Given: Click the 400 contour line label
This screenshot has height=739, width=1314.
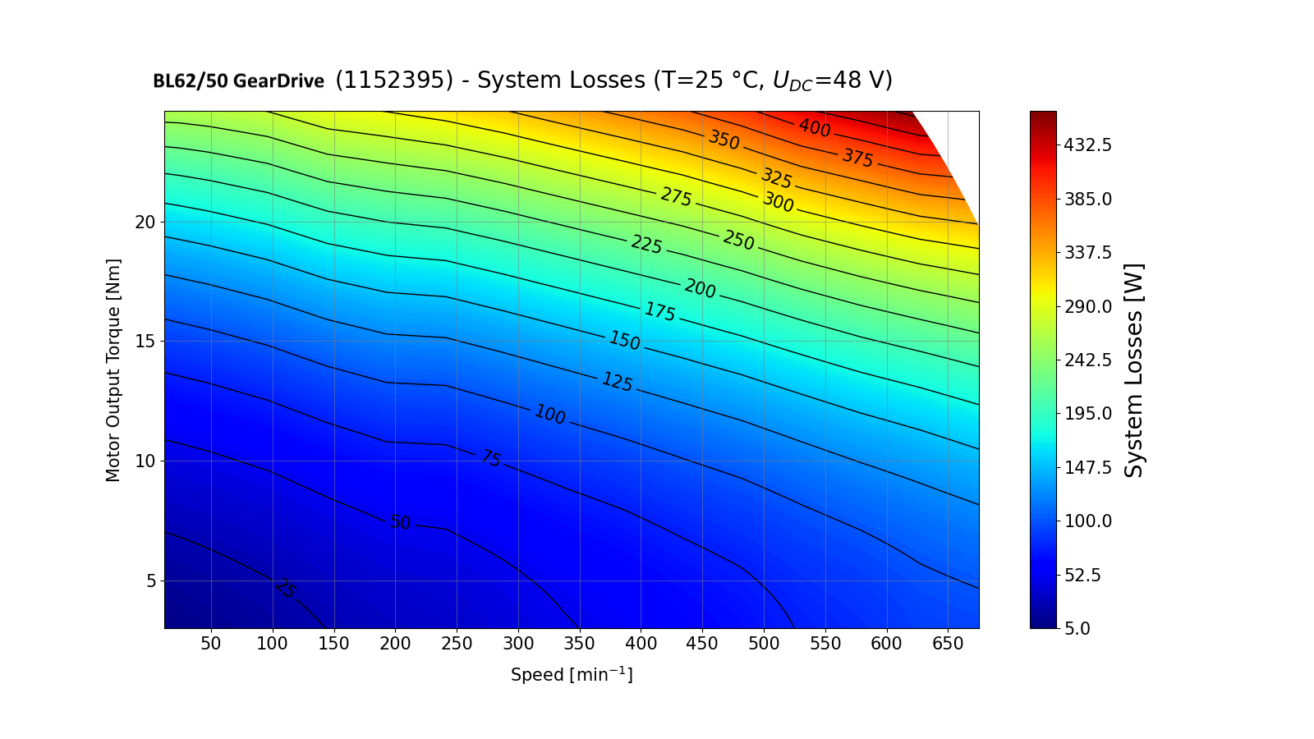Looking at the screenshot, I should coord(815,128).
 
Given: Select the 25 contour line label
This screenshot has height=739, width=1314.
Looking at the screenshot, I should coord(285,589).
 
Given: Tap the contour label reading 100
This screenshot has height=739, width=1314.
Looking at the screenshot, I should coord(549,415).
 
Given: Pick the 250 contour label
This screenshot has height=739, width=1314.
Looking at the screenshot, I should coord(738,240).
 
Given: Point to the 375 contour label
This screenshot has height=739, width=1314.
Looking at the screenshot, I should coord(857,158).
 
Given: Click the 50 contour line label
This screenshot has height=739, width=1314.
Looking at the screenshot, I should coord(400,522).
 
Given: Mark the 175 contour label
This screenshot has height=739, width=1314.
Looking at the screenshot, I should coord(659,312).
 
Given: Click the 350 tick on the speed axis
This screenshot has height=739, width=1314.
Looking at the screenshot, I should coord(580,644).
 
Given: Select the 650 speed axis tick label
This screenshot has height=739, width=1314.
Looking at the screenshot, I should coord(948,644).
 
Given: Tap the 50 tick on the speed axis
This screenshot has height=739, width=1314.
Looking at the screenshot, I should coord(211,644).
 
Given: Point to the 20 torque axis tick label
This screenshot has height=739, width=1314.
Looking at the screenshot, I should coord(145,223).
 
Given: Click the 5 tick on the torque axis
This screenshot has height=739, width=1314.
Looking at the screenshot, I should coord(150,581).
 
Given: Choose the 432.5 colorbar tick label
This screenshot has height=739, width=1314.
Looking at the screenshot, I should coord(1087,145).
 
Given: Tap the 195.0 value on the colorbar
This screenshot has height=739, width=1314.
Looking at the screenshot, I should coord(1087,414).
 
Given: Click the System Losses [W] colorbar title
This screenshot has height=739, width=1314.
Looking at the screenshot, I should coord(1134,369).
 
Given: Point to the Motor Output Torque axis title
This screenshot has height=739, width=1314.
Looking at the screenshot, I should coord(113,369).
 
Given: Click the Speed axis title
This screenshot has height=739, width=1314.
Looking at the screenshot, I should coord(572,675).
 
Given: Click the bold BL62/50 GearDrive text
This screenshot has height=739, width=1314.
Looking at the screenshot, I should coord(238,81).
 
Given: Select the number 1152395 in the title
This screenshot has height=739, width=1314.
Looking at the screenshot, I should coord(394,80).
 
